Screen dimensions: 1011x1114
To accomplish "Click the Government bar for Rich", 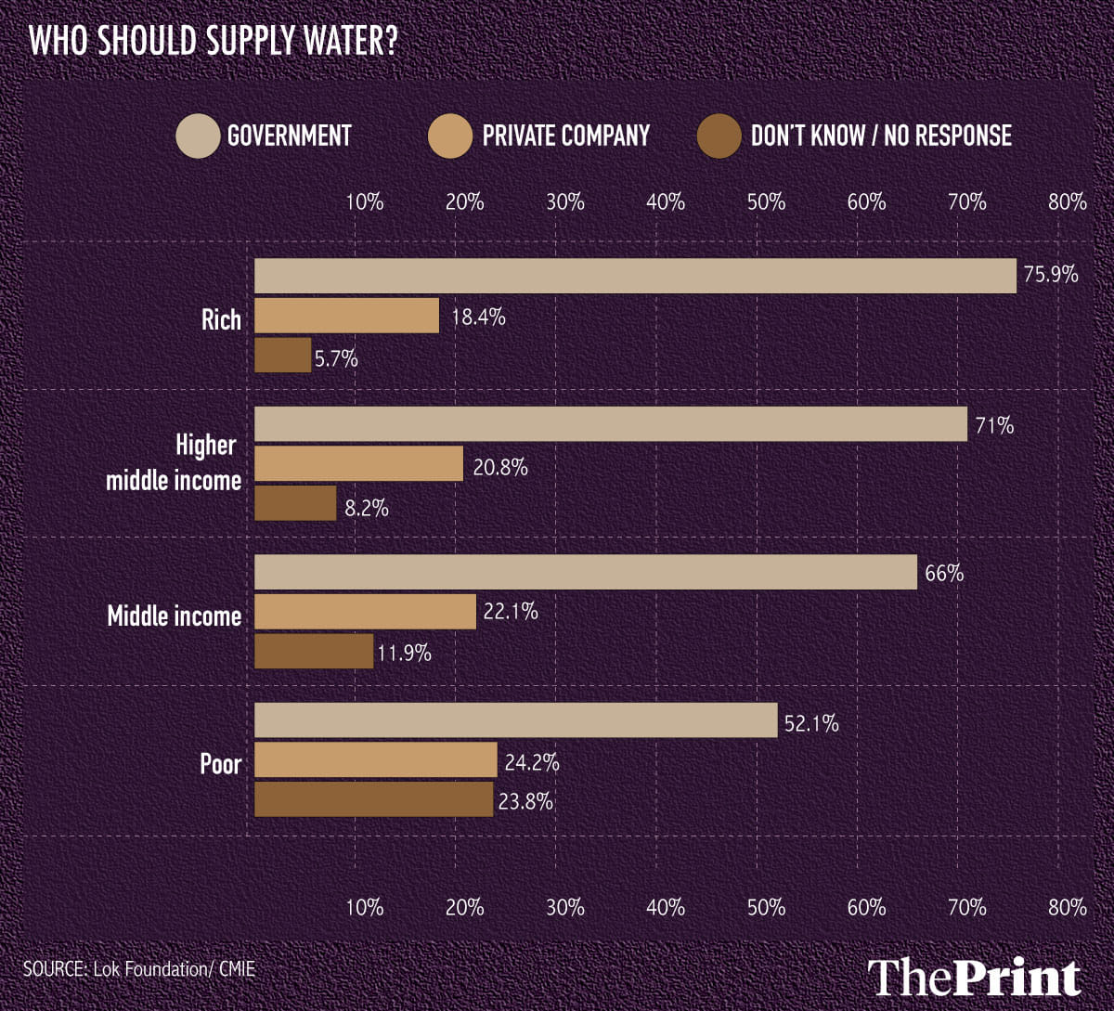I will (635, 276).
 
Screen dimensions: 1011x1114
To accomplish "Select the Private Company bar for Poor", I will (376, 759).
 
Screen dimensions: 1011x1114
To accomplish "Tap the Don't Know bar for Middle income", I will (314, 651).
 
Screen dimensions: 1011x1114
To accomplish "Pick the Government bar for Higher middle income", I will (611, 423).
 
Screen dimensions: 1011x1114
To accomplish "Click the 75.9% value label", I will (1051, 275).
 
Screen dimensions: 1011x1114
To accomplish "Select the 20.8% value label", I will (501, 467).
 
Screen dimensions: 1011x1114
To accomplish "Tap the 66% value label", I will (944, 574).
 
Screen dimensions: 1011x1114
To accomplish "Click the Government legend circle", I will (197, 136).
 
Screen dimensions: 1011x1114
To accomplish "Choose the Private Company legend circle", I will (449, 136).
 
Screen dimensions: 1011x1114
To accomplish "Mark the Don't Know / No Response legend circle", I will (719, 136).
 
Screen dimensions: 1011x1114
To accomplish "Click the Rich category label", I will (221, 320).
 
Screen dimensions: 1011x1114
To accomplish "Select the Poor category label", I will (221, 764).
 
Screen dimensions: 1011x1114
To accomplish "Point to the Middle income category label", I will (175, 616).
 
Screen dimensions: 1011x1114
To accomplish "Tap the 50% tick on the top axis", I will (767, 201).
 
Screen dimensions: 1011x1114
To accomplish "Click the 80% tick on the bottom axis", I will (1068, 907).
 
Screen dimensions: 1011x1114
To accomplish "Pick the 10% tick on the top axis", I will (365, 201).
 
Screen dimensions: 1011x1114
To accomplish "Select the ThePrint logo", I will (975, 978).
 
